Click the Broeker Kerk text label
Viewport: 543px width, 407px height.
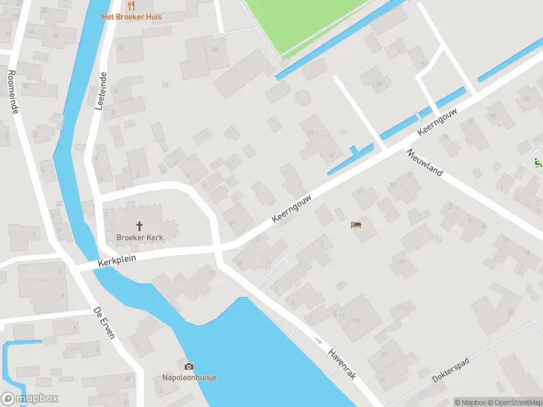click(x=140, y=237)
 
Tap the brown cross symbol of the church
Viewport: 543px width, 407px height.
click(x=140, y=225)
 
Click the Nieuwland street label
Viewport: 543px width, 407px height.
click(x=424, y=163)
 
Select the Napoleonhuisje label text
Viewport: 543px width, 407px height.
click(x=189, y=378)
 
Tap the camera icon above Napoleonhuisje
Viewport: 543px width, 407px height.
click(x=189, y=366)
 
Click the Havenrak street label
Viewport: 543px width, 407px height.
click(x=342, y=364)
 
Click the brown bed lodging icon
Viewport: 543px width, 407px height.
click(x=356, y=225)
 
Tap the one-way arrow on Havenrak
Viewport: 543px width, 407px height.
click(x=317, y=340)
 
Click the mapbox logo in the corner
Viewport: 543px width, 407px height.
click(x=31, y=399)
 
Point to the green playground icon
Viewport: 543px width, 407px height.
click(x=538, y=163)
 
